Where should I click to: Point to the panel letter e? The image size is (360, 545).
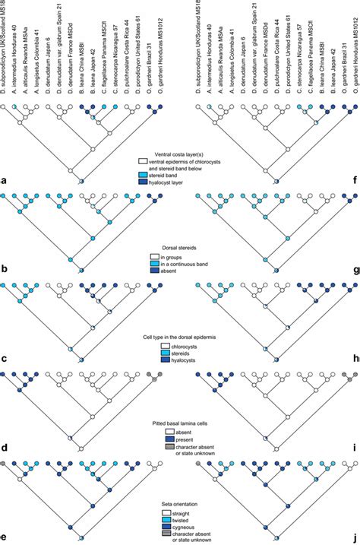click(x=5, y=537)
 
